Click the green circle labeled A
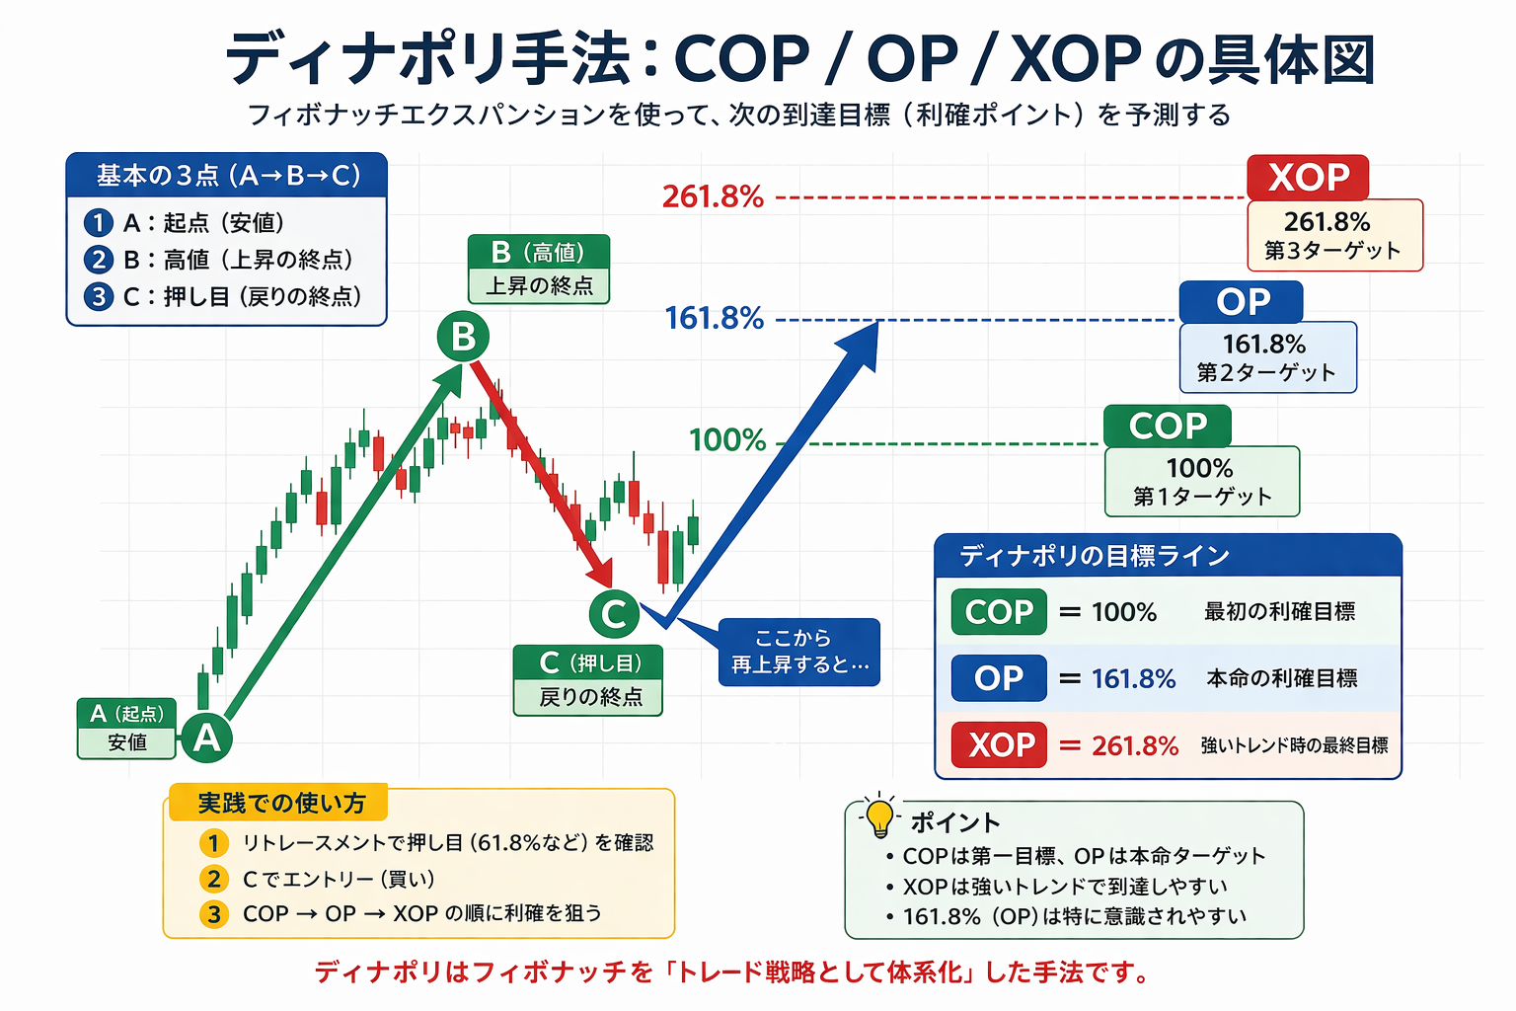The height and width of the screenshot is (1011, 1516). tap(206, 738)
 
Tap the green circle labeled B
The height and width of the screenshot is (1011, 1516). tap(463, 337)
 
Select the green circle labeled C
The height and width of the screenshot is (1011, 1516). tap(614, 614)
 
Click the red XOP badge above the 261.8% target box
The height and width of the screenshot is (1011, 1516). tap(1308, 178)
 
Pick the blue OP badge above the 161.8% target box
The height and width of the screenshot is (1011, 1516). tap(1242, 302)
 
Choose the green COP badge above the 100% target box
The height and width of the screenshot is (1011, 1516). tap(1168, 427)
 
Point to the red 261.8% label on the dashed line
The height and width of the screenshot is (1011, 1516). tap(713, 196)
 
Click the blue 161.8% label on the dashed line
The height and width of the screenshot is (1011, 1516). tap(714, 319)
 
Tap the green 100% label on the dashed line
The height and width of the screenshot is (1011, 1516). tap(727, 440)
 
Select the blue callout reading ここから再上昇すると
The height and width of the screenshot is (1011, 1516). tap(799, 652)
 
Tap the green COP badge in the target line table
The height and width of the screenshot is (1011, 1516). tap(999, 612)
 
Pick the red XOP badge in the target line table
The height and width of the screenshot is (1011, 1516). tap(999, 744)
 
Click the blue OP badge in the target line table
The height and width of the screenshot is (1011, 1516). tap(999, 678)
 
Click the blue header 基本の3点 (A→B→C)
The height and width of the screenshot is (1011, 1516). tap(227, 176)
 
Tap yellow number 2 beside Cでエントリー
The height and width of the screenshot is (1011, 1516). tap(213, 879)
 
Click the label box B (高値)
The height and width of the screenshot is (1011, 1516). tap(539, 269)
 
